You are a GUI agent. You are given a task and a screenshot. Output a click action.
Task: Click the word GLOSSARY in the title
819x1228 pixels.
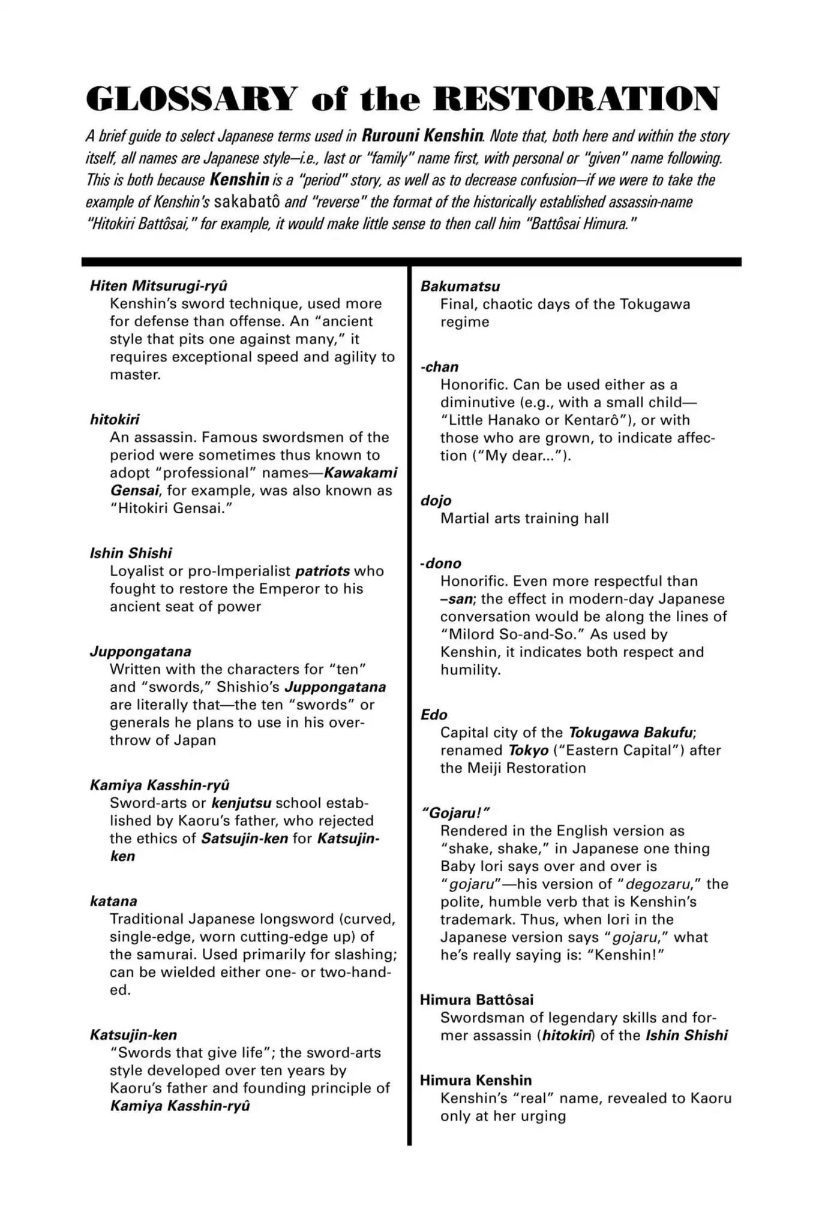pos(191,99)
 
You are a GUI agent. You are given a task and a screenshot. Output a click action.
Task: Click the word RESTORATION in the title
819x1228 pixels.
pos(575,99)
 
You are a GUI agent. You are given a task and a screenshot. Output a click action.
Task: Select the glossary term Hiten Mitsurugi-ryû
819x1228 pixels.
pos(159,285)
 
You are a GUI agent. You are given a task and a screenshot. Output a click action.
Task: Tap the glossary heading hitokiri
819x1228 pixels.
pos(115,419)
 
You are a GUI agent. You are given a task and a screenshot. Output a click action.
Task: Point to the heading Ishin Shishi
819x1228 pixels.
pos(131,553)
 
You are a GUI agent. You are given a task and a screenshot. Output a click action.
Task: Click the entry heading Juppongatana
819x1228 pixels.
pos(140,651)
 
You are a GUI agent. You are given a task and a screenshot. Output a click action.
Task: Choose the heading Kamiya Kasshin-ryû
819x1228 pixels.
pos(160,785)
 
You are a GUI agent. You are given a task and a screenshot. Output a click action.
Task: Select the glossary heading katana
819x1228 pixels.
pos(113,901)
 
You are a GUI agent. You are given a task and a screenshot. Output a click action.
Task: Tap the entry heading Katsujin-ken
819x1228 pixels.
pos(133,1035)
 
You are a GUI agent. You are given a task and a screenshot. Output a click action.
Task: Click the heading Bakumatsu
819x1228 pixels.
pos(460,286)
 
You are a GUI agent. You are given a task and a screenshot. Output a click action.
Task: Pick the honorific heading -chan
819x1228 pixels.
pos(439,366)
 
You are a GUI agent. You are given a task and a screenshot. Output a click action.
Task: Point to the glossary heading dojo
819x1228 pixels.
pos(436,501)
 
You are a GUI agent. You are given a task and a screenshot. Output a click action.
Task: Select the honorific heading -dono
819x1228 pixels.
pos(441,563)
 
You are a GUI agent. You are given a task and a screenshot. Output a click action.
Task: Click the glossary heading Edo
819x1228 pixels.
pos(434,715)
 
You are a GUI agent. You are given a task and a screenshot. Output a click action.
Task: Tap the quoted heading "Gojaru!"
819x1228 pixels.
pos(457,813)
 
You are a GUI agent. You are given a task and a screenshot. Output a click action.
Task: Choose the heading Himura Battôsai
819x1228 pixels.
pos(476,1000)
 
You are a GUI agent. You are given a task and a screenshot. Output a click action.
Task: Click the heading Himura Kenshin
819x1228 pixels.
pos(476,1080)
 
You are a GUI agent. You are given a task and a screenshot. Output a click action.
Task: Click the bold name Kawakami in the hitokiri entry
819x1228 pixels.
pos(361,472)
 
